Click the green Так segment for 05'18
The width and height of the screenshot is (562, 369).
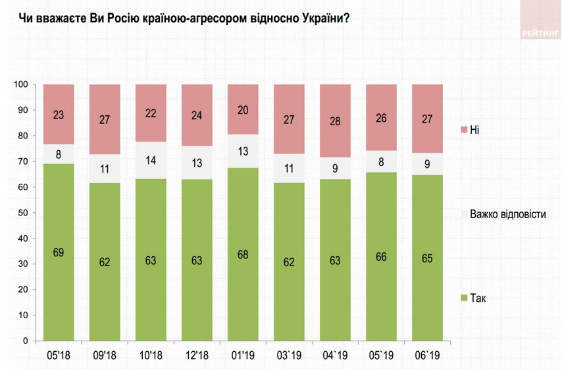click(x=59, y=252)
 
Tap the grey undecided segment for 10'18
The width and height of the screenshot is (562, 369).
click(x=151, y=160)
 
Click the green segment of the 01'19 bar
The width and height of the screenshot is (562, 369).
click(x=243, y=254)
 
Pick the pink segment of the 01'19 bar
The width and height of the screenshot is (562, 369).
click(x=243, y=109)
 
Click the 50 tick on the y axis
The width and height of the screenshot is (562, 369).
click(x=22, y=213)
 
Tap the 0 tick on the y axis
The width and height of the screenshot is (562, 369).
click(x=24, y=341)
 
